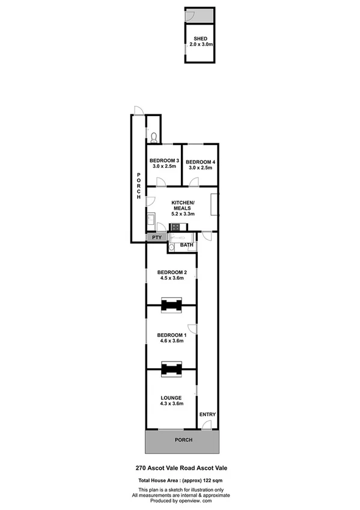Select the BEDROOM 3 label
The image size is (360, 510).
pyautogui.click(x=164, y=161)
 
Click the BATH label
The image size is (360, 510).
pyautogui.click(x=187, y=245)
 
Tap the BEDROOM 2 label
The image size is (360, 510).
pyautogui.click(x=171, y=271)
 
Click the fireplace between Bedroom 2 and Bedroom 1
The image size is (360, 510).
pyautogui.click(x=171, y=305)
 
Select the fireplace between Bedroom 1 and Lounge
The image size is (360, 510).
pyautogui.click(x=171, y=370)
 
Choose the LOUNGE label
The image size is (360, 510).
pyautogui.click(x=171, y=398)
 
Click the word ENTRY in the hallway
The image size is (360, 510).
pyautogui.click(x=207, y=414)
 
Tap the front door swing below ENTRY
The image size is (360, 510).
pyautogui.click(x=206, y=426)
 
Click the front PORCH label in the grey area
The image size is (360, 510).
pyautogui.click(x=183, y=440)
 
